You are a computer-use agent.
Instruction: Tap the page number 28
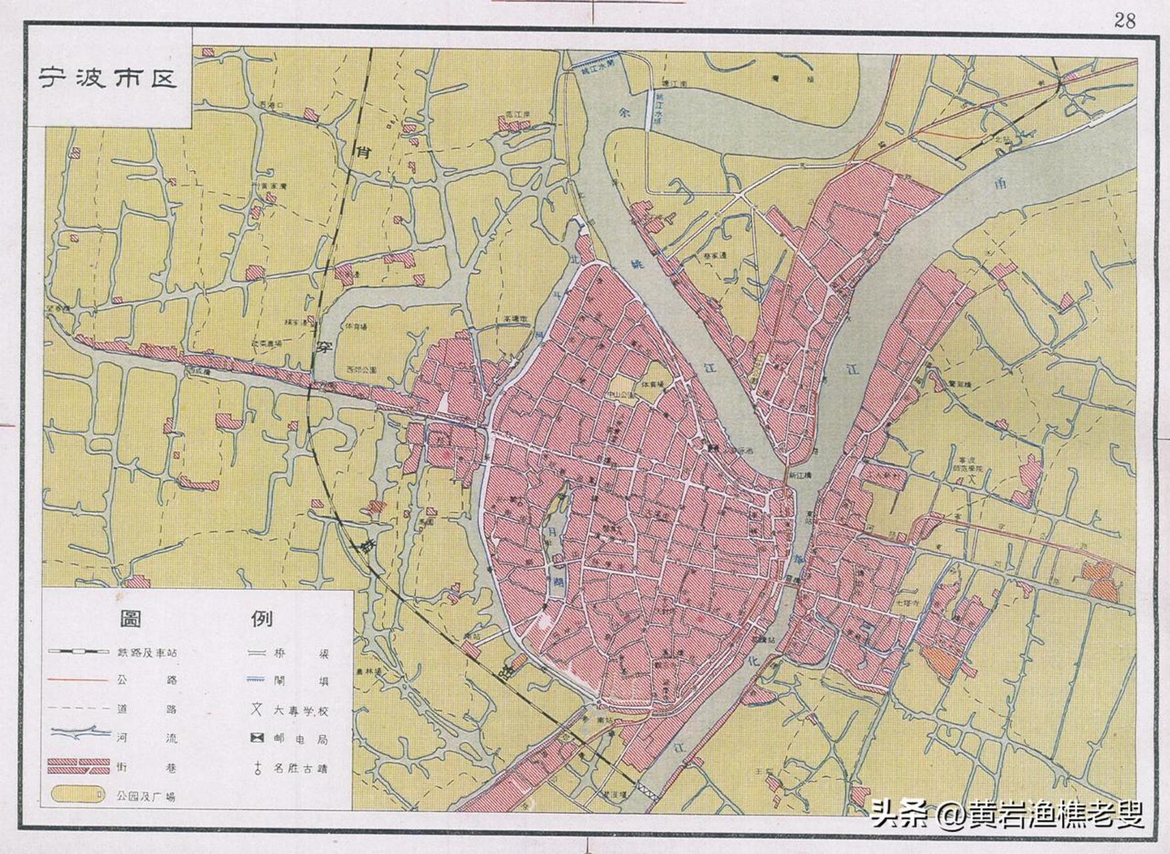point(1125,21)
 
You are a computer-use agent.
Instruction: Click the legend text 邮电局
point(300,739)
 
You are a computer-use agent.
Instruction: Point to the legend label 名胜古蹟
point(300,768)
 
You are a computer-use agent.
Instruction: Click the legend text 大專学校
point(300,711)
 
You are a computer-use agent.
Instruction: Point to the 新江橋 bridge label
point(798,476)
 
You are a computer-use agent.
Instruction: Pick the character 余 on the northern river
point(624,114)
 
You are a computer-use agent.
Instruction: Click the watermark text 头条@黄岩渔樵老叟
point(1007,814)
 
